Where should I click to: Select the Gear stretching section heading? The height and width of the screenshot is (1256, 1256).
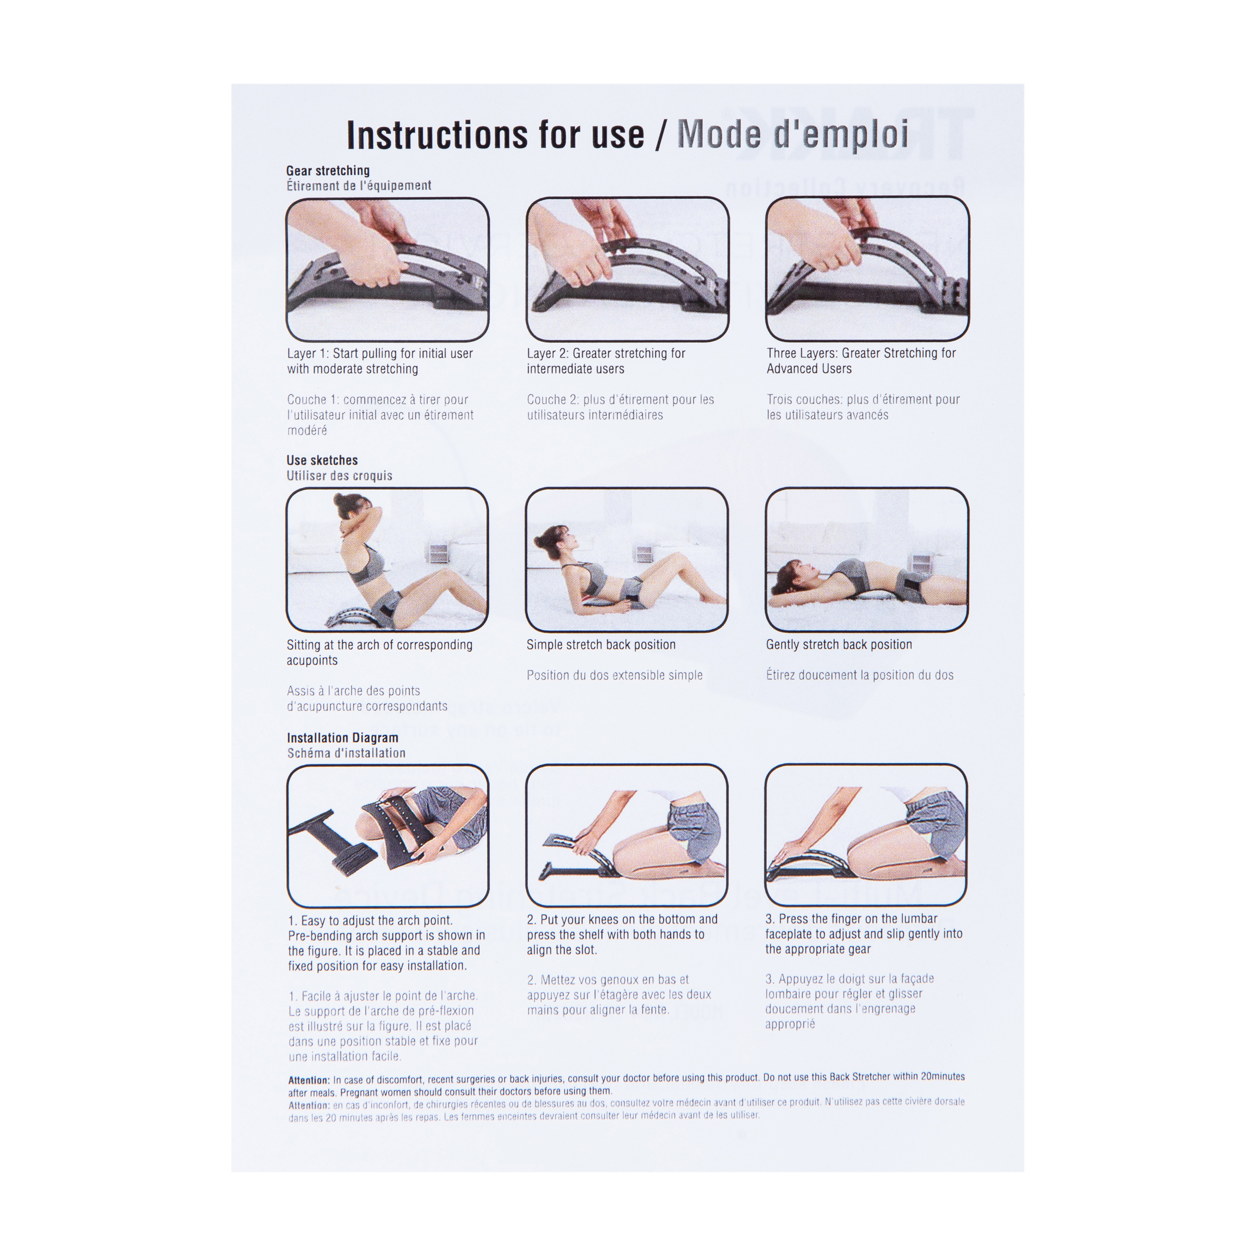(x=328, y=170)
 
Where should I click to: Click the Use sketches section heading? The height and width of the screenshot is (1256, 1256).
(x=322, y=460)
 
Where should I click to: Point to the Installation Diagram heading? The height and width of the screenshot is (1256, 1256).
(x=342, y=738)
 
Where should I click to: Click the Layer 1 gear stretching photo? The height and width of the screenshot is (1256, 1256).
(x=387, y=269)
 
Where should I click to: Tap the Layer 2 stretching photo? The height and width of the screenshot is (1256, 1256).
(x=627, y=269)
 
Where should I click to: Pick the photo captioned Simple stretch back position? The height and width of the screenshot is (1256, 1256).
(x=627, y=560)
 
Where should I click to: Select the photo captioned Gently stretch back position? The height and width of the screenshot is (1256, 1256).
(x=867, y=560)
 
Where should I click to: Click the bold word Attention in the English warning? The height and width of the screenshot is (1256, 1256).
(x=309, y=1081)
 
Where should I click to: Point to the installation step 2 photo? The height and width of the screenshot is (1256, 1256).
(x=627, y=835)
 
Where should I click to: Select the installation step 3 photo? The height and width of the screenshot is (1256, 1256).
(x=865, y=835)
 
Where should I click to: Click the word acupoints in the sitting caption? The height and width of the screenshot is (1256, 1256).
(x=312, y=661)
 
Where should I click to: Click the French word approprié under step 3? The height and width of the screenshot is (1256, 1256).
(x=790, y=1024)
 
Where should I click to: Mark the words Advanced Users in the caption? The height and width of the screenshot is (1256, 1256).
(x=809, y=368)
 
